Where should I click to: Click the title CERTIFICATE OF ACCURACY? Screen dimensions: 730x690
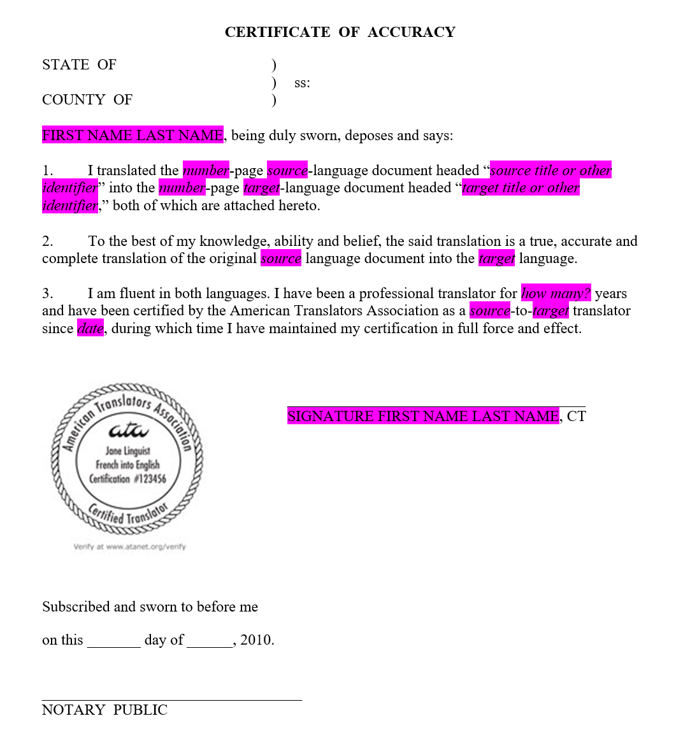340,32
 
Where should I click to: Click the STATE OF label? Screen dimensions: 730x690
80,65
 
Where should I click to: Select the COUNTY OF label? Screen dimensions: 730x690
87,100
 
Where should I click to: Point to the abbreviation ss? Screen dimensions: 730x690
302,83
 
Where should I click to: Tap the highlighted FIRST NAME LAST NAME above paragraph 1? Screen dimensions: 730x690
133,135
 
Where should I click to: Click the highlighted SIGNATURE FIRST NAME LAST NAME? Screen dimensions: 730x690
422,417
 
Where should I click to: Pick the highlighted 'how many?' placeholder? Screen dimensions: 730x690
556,294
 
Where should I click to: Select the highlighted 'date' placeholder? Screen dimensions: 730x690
90,329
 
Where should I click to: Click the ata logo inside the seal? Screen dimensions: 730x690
128,431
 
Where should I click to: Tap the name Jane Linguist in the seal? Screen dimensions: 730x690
127,452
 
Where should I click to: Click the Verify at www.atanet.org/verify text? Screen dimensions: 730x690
130,547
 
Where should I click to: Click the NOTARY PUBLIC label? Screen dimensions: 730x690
104,710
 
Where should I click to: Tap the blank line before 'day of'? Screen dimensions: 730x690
113,643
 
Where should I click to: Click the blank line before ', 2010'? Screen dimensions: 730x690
210,643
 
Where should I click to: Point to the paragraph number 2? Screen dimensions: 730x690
47,241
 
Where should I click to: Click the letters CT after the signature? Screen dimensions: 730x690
576,417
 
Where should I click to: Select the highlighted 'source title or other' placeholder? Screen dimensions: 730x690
550,171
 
